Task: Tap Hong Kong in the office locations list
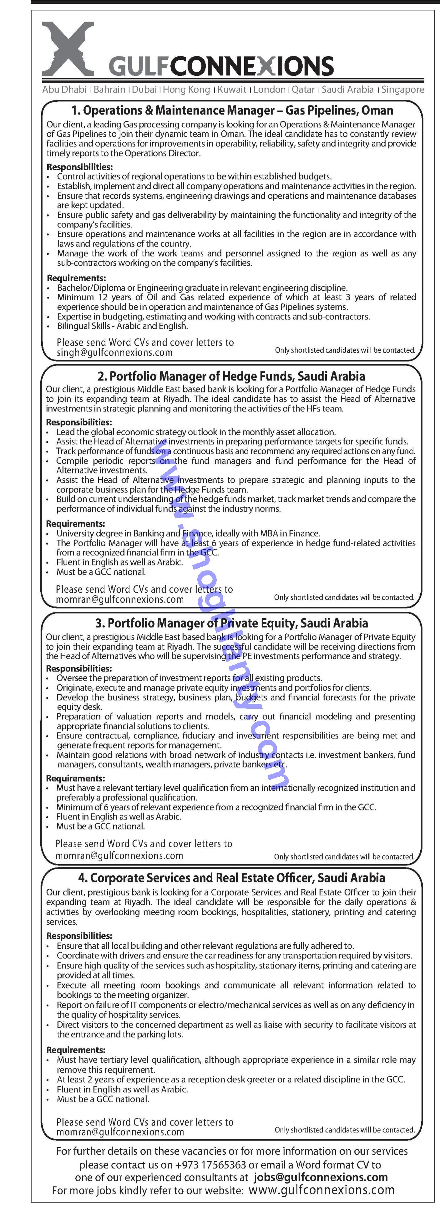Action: (x=187, y=89)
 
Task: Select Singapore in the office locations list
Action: (x=403, y=89)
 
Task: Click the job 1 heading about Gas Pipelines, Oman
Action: (x=232, y=110)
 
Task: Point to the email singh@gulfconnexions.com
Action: (x=115, y=353)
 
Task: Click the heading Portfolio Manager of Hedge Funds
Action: (x=231, y=376)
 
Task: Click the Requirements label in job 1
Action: (x=76, y=278)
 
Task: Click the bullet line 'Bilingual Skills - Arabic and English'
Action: (x=122, y=326)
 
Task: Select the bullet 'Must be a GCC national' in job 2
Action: (x=101, y=572)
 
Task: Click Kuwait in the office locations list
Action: (x=232, y=89)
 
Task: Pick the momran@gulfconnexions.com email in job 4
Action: (x=120, y=1132)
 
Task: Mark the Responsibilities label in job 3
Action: (x=79, y=669)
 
